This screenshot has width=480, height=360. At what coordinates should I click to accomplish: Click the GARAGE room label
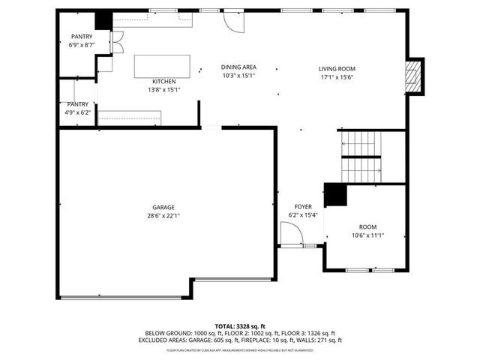tap(163, 207)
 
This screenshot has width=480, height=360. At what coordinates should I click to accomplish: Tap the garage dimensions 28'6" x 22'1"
tap(163, 216)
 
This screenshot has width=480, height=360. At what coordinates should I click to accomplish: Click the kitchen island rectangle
tap(162, 66)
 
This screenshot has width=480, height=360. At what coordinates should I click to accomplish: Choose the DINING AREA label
tap(239, 67)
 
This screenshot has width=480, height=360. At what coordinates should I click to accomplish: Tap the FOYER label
tap(303, 206)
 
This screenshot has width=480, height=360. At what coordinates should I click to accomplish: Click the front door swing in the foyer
tap(291, 236)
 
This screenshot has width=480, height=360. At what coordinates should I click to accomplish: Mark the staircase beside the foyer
tap(361, 156)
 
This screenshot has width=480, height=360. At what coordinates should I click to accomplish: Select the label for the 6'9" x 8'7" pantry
tap(82, 37)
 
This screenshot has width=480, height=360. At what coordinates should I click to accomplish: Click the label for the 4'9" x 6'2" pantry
tap(77, 104)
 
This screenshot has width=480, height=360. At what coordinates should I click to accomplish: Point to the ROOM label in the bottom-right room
tap(367, 227)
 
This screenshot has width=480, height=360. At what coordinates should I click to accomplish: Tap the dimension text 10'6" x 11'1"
tap(367, 235)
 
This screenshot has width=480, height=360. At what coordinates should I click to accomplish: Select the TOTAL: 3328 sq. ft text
tap(239, 326)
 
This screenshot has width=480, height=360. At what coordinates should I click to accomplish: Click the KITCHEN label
tap(164, 81)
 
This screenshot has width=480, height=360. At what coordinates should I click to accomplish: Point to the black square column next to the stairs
tap(334, 194)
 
